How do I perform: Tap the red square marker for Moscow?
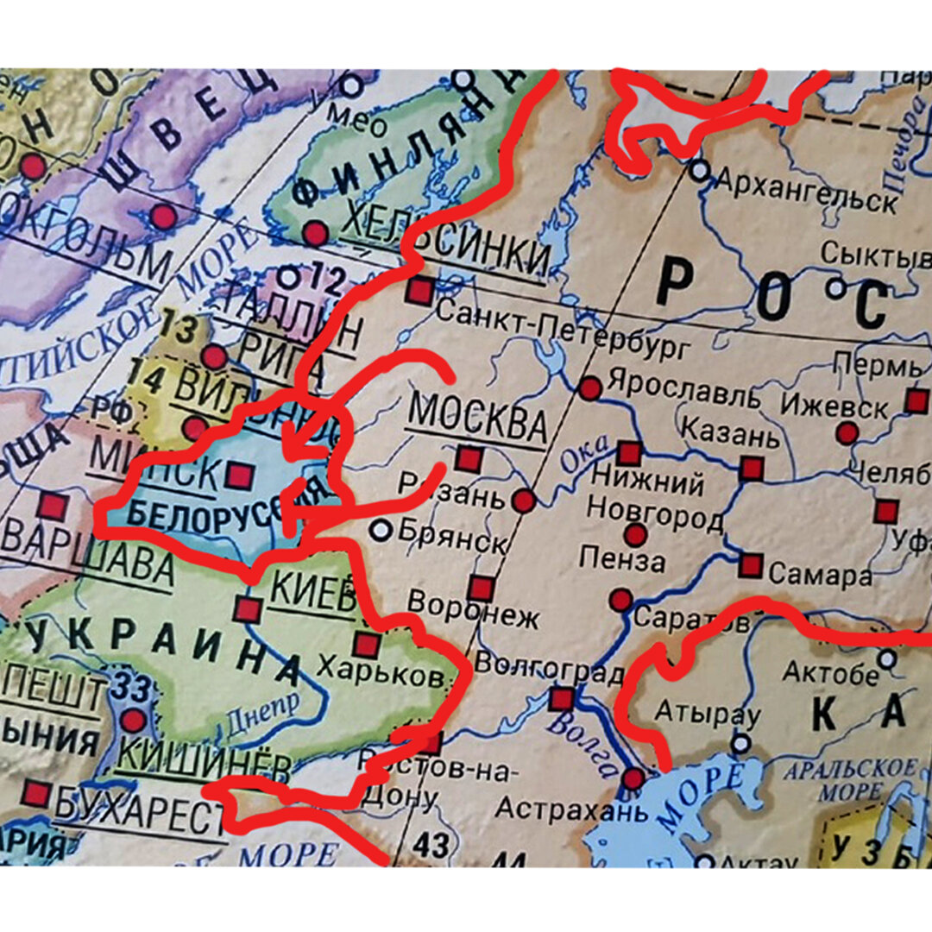point(469,458)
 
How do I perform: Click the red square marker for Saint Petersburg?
point(419,291)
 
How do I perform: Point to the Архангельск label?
point(806,192)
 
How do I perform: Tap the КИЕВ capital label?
point(312,593)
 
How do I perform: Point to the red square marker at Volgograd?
point(562,698)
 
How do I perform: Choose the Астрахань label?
point(558,810)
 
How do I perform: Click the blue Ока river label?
point(584,457)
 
